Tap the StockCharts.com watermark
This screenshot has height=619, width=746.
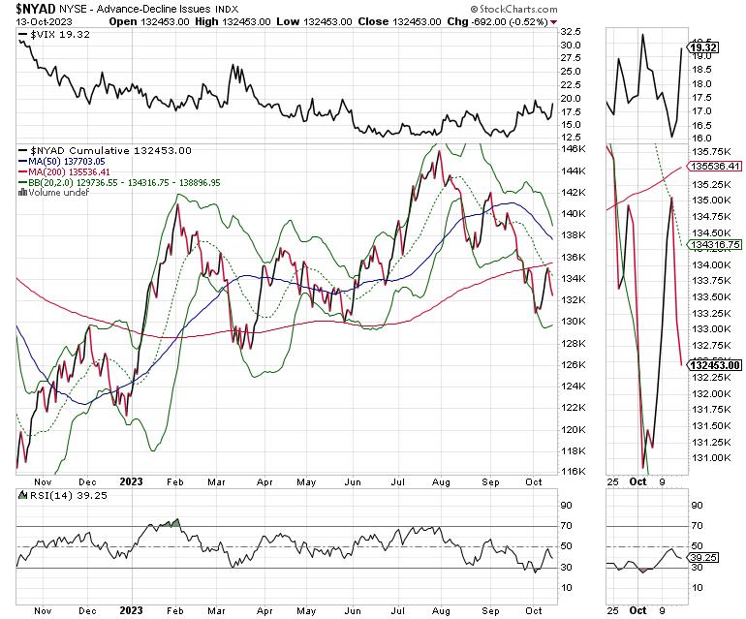pos(520,8)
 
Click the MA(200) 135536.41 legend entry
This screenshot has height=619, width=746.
pos(68,171)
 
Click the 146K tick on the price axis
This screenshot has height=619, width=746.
pos(575,149)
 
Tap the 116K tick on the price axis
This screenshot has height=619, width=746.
pos(575,472)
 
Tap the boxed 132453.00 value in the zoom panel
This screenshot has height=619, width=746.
pos(715,364)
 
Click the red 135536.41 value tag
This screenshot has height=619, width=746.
pos(714,166)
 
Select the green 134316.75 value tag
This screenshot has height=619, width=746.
pos(714,245)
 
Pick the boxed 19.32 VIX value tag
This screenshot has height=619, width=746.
pos(700,46)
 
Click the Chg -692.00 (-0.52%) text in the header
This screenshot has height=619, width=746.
pos(497,20)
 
